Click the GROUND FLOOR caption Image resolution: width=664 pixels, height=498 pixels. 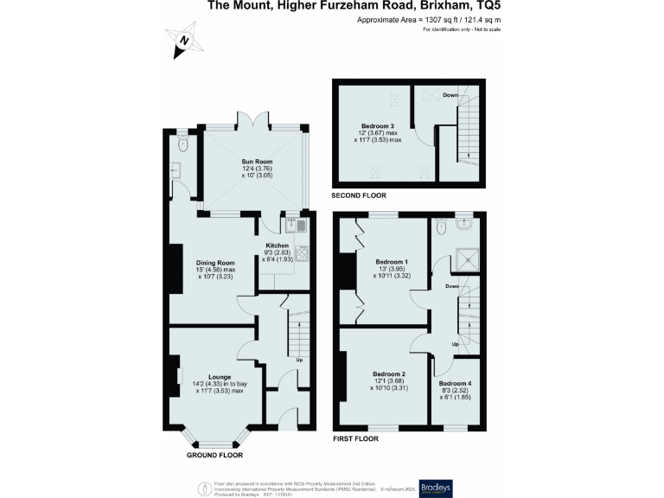(x=214, y=455)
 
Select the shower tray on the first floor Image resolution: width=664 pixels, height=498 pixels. (x=468, y=257)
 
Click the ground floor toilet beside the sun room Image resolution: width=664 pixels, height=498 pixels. (x=181, y=146)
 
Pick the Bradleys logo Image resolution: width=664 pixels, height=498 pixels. (x=435, y=486)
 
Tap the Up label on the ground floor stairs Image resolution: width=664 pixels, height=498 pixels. (x=299, y=360)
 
